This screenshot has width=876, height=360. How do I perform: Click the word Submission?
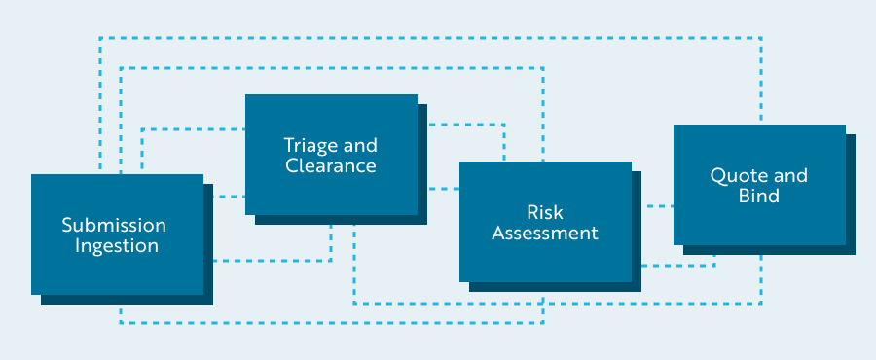coord(114,225)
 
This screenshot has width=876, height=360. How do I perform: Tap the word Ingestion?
coord(117,246)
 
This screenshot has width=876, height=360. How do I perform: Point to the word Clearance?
coord(331,166)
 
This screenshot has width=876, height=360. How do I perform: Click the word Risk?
coord(545,212)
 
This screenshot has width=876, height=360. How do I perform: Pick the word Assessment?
coord(545,234)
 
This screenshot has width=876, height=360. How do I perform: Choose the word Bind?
coord(759,197)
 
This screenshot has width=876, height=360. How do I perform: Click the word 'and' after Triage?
coord(360,146)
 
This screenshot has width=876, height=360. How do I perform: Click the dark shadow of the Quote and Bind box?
coord(851,195)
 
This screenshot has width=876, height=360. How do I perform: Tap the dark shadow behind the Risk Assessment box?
coord(637,234)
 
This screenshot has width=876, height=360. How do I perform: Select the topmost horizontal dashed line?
coord(428,38)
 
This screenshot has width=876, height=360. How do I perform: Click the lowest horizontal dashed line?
coord(331,322)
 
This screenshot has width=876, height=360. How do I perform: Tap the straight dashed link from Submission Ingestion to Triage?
coord(224,197)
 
